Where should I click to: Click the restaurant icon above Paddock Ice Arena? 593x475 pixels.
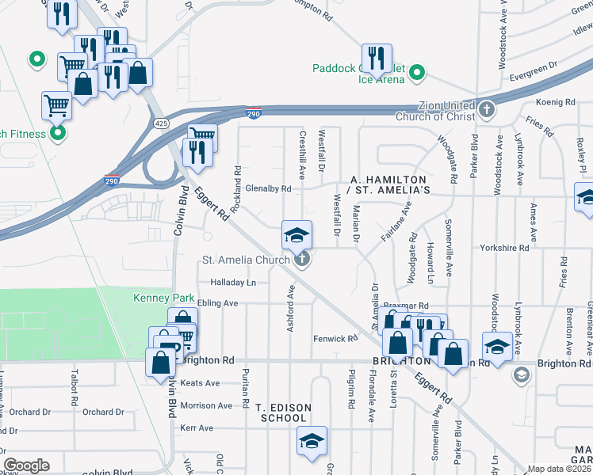point(376,58)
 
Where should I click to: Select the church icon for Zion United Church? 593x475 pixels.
point(485,108)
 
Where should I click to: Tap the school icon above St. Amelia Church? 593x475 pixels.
point(297,235)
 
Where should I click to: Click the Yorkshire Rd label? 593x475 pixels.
point(504,248)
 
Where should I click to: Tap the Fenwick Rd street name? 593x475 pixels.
point(335,339)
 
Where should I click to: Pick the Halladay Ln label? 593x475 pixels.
point(233,282)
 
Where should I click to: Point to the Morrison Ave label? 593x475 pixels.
point(207,405)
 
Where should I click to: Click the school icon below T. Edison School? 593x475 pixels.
point(312,442)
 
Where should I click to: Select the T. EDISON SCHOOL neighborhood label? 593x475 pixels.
point(283,412)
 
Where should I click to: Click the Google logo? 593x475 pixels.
point(26,465)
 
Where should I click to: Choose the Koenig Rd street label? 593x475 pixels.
point(555,102)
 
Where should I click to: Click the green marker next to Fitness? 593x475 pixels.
point(57,133)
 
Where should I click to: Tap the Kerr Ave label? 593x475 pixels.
point(197,427)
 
